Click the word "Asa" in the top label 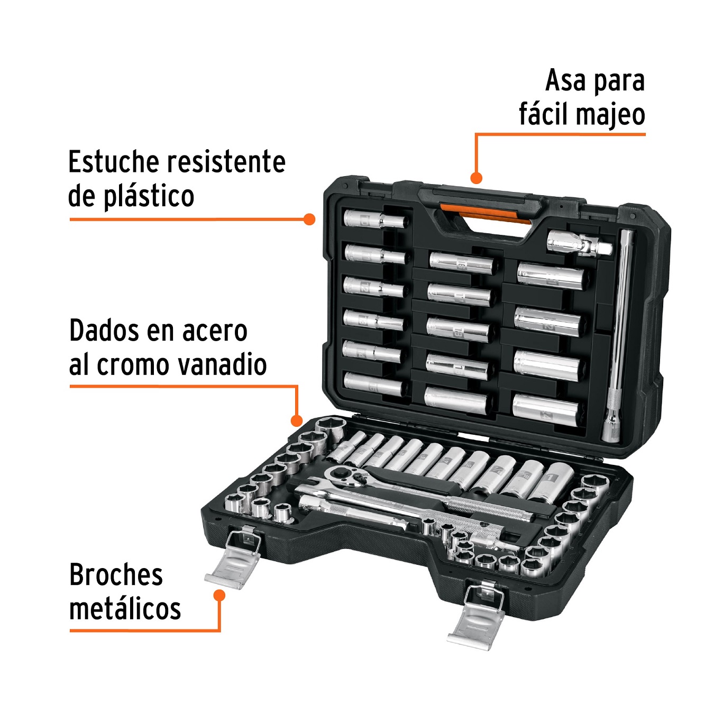(x=565, y=81)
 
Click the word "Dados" (x=103, y=331)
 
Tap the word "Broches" (x=116, y=575)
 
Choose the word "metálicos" (x=125, y=609)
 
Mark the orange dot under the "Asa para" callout (x=476, y=178)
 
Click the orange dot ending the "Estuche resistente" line (x=310, y=219)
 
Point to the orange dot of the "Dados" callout (x=297, y=421)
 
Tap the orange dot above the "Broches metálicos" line (x=219, y=596)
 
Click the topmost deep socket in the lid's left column (x=374, y=219)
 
